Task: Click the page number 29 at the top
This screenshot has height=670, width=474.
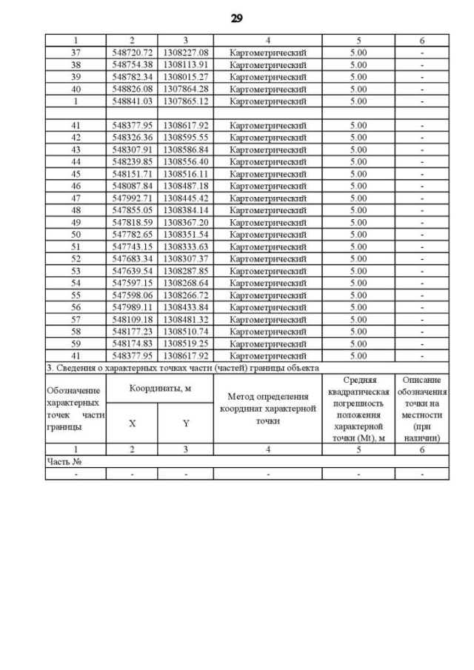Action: pos(237,19)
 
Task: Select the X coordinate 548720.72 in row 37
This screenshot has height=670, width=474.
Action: pos(132,53)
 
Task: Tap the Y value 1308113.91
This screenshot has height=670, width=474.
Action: pos(186,64)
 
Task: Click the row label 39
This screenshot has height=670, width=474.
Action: pos(76,76)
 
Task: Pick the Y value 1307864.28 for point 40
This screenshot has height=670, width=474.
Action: pos(186,89)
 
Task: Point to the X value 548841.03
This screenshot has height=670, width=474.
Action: pos(132,101)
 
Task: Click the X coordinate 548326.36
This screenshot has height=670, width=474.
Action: pos(132,137)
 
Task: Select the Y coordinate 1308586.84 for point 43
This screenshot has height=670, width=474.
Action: pos(186,149)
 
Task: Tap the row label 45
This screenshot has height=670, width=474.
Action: pos(76,173)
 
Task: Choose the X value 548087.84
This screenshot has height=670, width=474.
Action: pos(132,186)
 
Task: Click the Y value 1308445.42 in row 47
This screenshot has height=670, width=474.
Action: pos(186,198)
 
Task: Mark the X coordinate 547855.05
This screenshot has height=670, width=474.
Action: pos(132,210)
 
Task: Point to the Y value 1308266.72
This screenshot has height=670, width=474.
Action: pos(186,295)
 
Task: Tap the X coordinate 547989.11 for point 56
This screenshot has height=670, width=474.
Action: pos(132,306)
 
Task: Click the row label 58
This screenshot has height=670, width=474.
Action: pos(76,331)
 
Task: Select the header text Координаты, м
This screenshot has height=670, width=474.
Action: pos(159,388)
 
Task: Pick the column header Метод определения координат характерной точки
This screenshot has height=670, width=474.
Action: pos(268,408)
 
